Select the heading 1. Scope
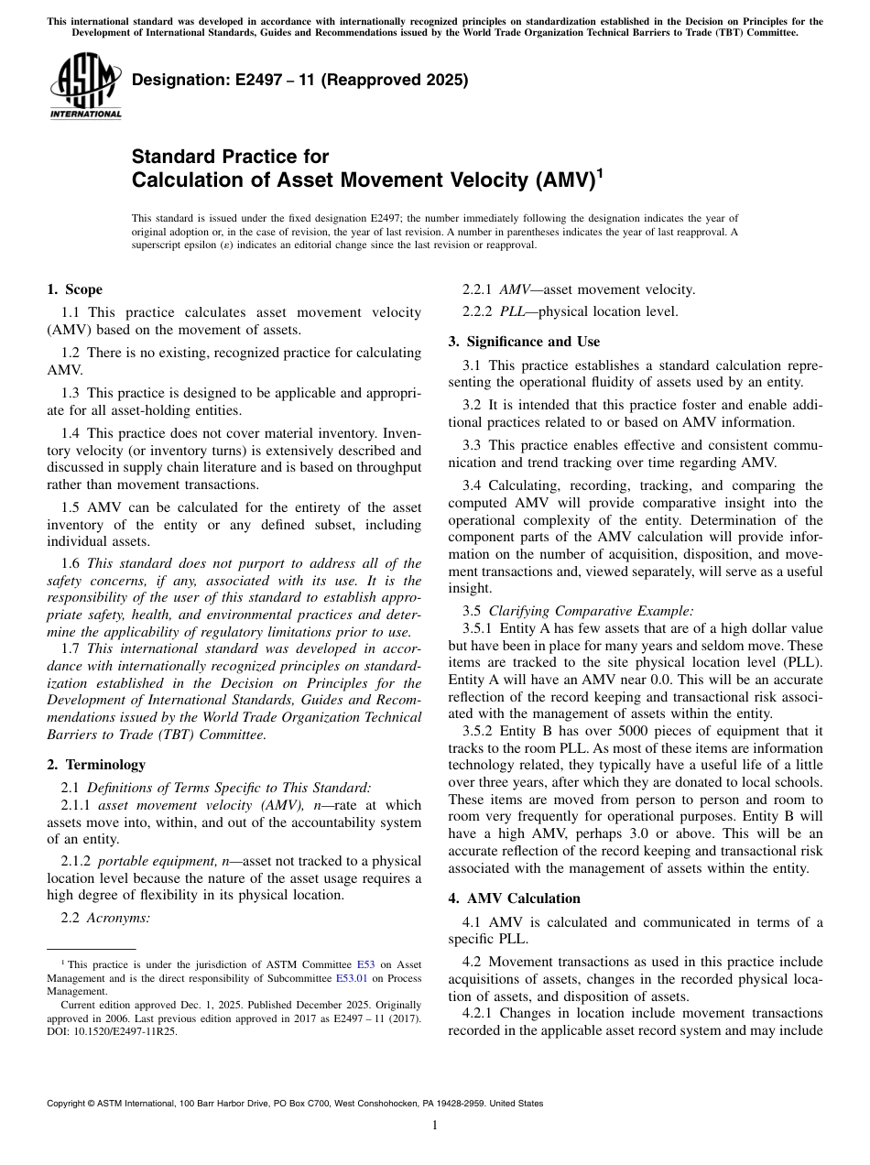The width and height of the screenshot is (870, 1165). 74,289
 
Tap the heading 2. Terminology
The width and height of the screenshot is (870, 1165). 95,764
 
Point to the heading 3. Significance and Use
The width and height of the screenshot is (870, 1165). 524,342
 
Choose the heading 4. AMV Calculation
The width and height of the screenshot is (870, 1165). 514,898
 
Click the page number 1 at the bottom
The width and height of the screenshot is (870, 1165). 434,1126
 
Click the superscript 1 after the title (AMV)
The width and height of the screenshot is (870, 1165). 599,172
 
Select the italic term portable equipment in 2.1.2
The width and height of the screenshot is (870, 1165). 154,861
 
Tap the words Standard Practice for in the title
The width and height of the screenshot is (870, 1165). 230,157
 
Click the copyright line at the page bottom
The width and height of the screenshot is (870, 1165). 294,1104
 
